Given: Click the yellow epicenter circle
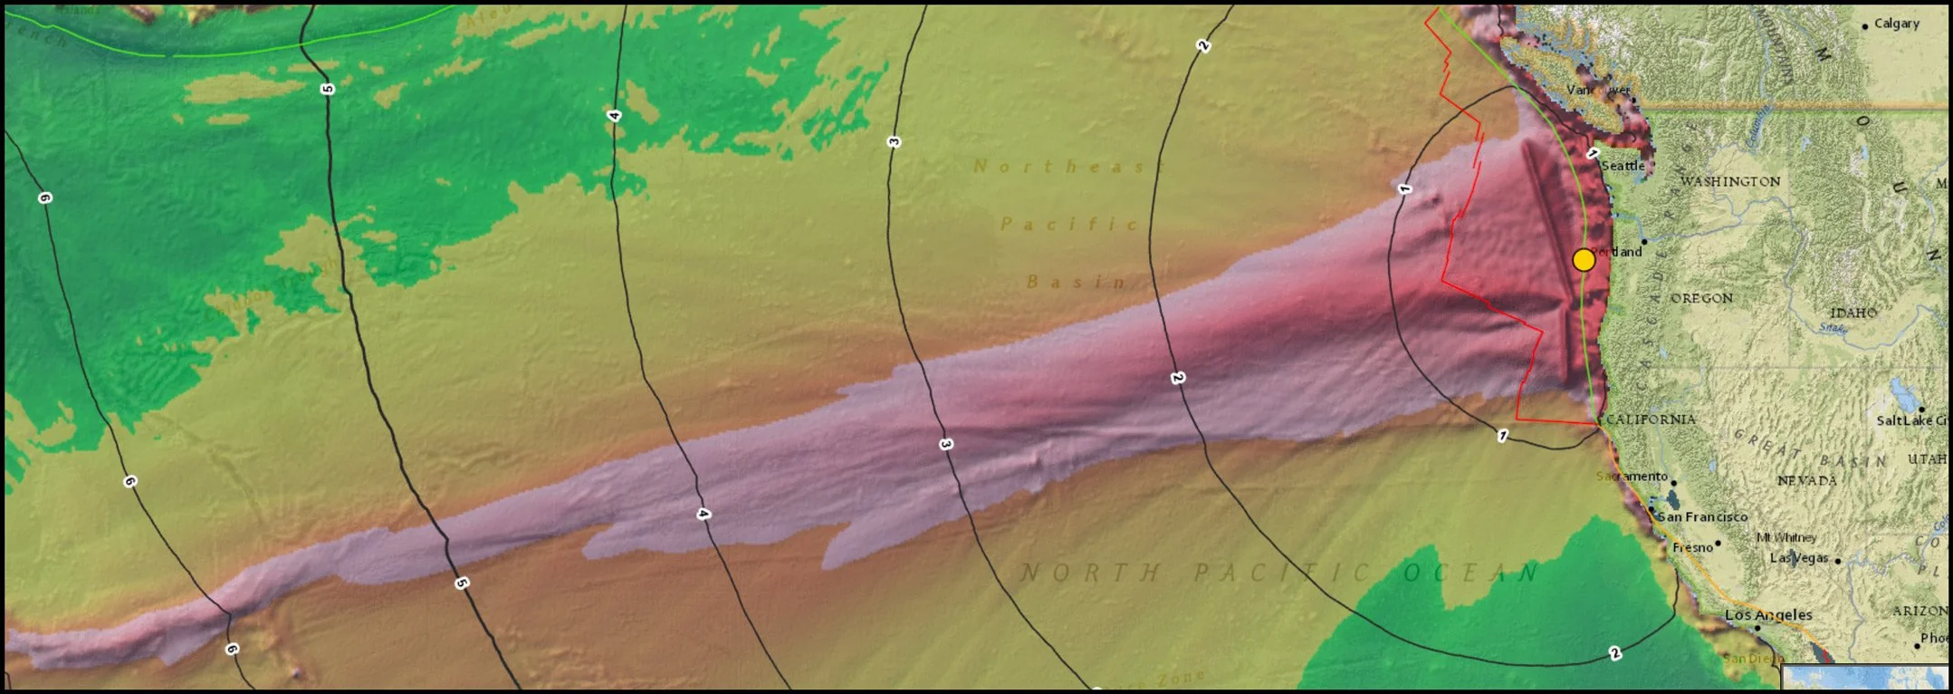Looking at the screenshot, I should click(1583, 260).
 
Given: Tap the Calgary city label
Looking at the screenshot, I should click(1896, 24).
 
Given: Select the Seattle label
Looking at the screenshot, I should click(1623, 166).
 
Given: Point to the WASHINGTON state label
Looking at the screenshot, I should click(1730, 181).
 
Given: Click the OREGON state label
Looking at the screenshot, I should click(1701, 298).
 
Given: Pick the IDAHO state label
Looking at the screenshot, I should click(1852, 313).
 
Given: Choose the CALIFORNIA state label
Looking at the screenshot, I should click(1651, 419).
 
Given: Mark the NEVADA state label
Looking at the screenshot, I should click(1806, 480).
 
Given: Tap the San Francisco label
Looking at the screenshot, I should click(1702, 516).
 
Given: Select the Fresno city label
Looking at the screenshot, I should click(1692, 547).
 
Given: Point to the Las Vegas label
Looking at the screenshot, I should click(1799, 558).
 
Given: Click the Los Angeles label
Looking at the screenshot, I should click(1768, 614).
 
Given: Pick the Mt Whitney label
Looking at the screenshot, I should click(1786, 537).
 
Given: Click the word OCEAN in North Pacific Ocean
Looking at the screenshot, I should click(1470, 573).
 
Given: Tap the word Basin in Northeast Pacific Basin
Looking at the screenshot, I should click(1077, 282).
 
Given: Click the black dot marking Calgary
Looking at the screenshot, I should click(1864, 26).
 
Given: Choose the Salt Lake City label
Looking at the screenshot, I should click(1910, 420).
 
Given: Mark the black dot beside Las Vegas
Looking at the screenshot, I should click(1837, 561).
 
